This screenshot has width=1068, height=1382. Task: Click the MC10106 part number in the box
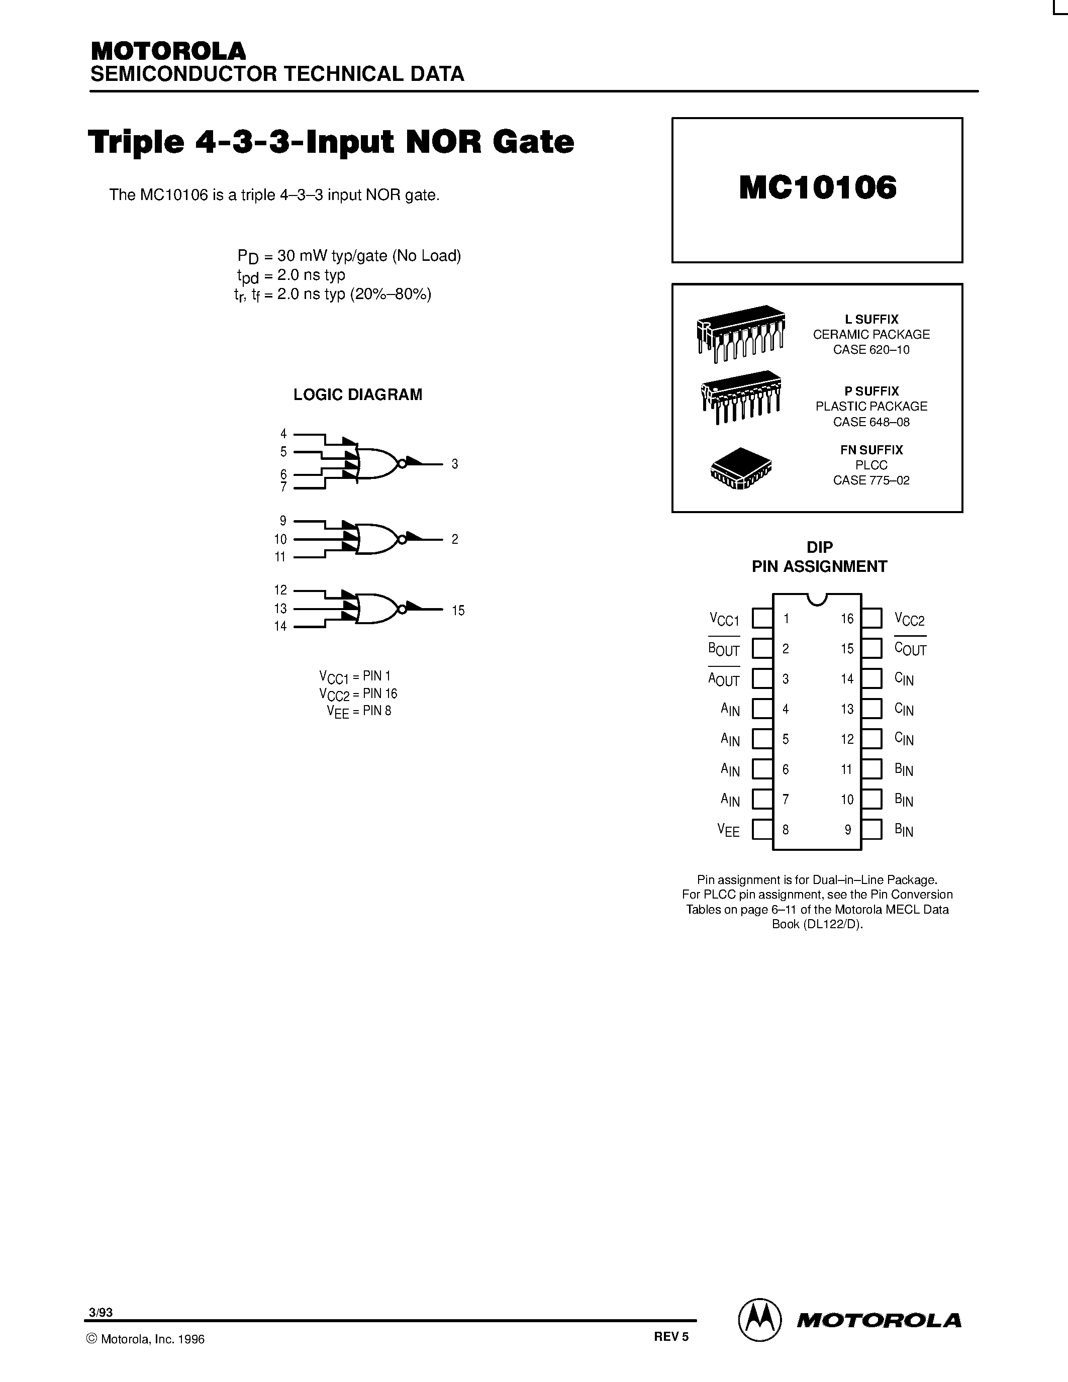(x=817, y=188)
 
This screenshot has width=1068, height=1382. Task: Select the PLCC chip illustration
(x=741, y=469)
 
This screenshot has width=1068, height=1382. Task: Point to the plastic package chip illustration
(x=741, y=397)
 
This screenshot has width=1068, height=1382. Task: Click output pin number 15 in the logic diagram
(x=458, y=611)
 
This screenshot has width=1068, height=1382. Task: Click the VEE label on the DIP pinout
(x=728, y=830)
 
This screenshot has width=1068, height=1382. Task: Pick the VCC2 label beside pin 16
(x=910, y=620)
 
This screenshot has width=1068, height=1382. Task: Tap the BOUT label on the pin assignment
(x=724, y=649)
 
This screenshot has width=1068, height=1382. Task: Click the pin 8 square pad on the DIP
(x=762, y=830)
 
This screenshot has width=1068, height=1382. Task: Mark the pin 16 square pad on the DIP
(x=872, y=618)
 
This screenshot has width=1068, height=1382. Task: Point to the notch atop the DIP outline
(x=817, y=599)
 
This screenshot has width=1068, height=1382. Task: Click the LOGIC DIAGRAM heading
(x=357, y=395)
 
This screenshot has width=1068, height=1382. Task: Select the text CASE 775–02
(x=871, y=480)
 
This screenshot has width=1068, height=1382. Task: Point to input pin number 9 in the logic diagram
(x=283, y=521)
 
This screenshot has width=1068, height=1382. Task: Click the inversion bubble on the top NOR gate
(x=401, y=464)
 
